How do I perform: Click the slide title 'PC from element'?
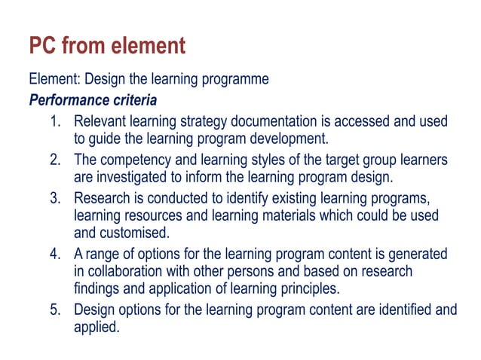pyautogui.click(x=106, y=47)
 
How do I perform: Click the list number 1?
pyautogui.click(x=55, y=121)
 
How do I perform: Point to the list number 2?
pyautogui.click(x=55, y=160)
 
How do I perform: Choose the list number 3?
pyautogui.click(x=55, y=198)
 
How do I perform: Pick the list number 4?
pyautogui.click(x=55, y=254)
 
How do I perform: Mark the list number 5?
pyautogui.click(x=55, y=310)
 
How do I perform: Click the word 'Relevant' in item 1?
pyautogui.click(x=100, y=121)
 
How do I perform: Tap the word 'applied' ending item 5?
pyautogui.click(x=96, y=328)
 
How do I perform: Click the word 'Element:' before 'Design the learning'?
pyautogui.click(x=52, y=79)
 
